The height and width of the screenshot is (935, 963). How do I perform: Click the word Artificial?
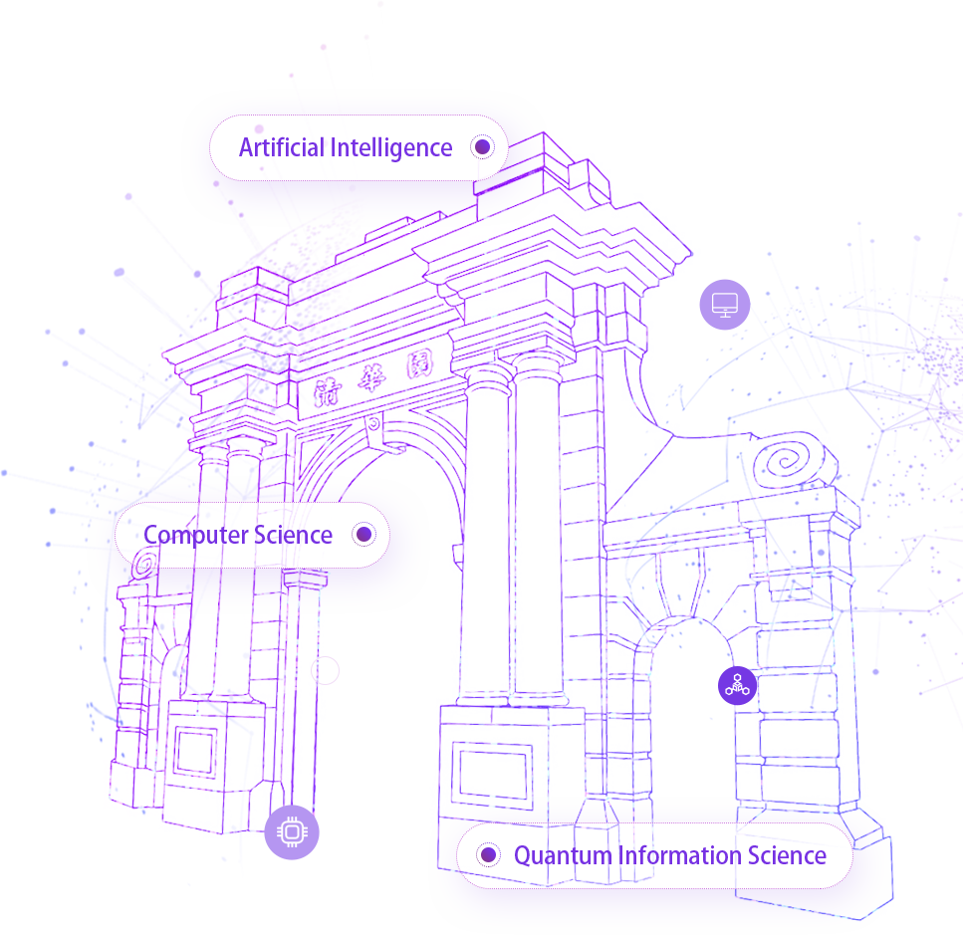pyautogui.click(x=282, y=148)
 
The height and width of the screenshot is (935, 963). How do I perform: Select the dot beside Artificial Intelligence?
pyautogui.click(x=482, y=147)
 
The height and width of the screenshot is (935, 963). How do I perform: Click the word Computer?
pyautogui.click(x=195, y=535)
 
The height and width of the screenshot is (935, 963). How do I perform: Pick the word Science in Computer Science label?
pyautogui.click(x=293, y=535)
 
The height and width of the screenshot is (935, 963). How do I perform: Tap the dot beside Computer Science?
pyautogui.click(x=364, y=535)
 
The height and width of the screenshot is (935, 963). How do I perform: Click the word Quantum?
pyautogui.click(x=562, y=855)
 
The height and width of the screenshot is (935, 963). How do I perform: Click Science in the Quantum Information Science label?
pyautogui.click(x=788, y=855)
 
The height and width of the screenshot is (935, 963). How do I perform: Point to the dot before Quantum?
pyautogui.click(x=488, y=855)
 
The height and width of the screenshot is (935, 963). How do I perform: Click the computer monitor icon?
pyautogui.click(x=725, y=304)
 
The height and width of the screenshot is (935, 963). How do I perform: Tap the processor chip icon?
pyautogui.click(x=292, y=831)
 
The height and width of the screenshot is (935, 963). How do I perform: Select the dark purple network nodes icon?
pyautogui.click(x=736, y=686)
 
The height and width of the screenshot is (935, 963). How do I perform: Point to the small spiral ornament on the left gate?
pyautogui.click(x=144, y=566)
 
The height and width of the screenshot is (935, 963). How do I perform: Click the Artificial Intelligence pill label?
pyautogui.click(x=359, y=148)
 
